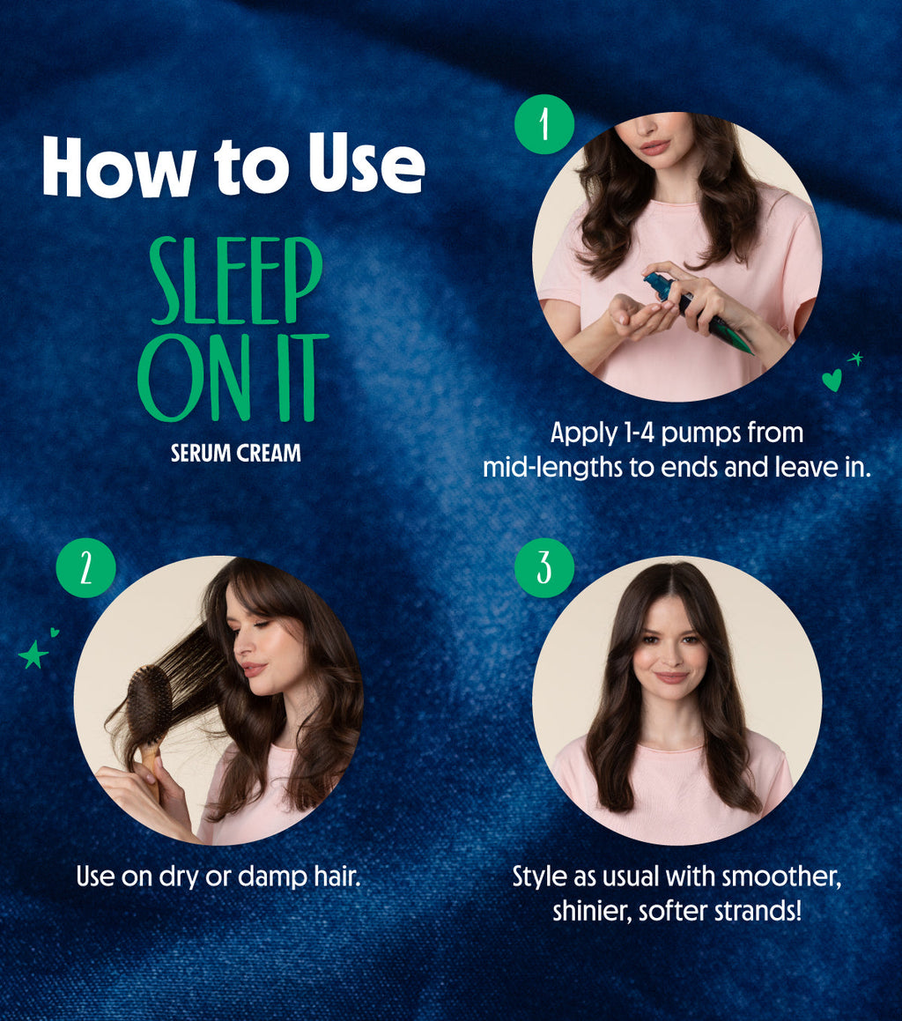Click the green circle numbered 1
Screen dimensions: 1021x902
pos(544,124)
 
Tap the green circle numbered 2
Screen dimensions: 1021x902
pos(85,568)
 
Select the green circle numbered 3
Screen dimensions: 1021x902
pos(544,568)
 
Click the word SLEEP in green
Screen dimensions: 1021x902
pos(235,281)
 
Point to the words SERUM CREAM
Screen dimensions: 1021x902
pos(235,454)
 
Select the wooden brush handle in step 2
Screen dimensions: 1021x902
pos(152,766)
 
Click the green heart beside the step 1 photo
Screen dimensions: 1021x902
pos(831,380)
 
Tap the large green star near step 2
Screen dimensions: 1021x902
pos(33,655)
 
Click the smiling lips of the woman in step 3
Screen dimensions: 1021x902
pos(671,677)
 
